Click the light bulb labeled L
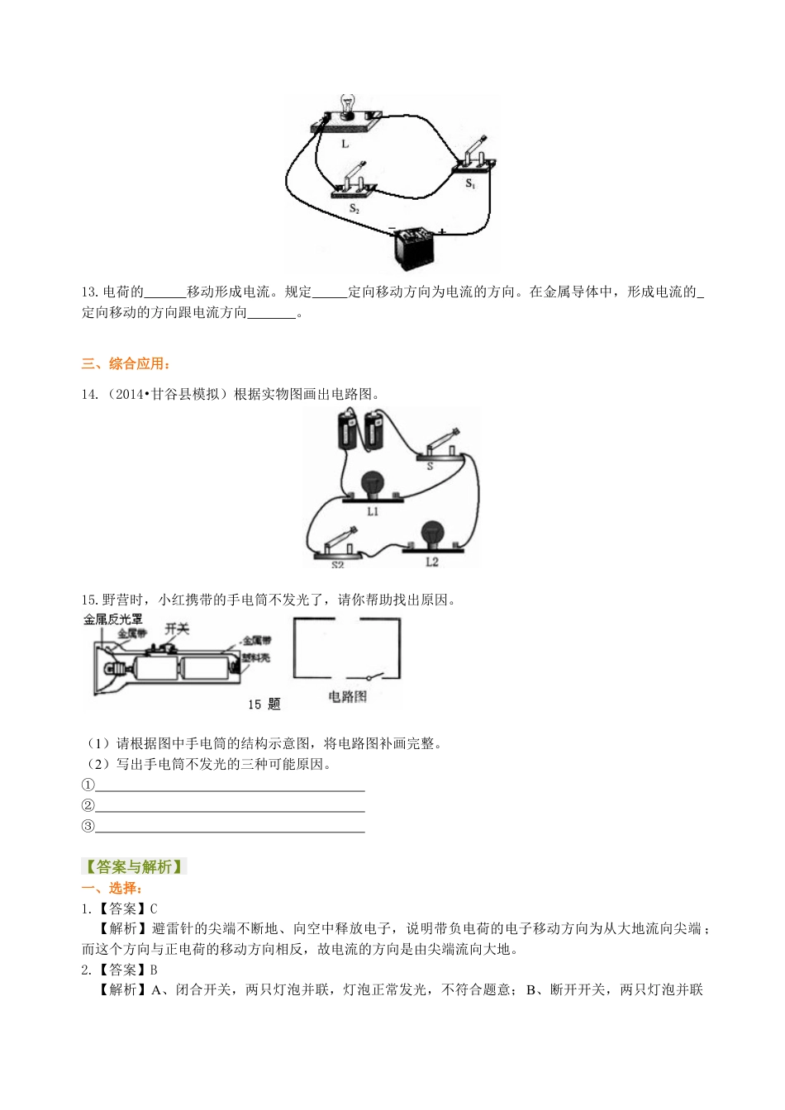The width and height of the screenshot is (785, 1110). click(347, 108)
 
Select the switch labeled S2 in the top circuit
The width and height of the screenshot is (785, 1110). click(354, 183)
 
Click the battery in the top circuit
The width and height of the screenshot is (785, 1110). click(413, 247)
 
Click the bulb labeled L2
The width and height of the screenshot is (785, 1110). click(431, 536)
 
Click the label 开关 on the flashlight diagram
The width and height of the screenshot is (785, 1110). click(177, 629)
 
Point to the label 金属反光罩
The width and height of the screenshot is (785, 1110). click(112, 619)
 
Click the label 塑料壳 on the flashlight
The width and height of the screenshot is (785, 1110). click(256, 657)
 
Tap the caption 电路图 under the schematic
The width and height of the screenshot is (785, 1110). click(347, 696)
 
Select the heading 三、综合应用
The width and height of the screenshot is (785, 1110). click(126, 363)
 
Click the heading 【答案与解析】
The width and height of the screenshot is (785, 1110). click(134, 866)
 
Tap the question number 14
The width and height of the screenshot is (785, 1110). click(89, 394)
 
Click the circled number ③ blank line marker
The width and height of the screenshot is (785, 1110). click(88, 826)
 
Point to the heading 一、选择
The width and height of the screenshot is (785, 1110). click(112, 888)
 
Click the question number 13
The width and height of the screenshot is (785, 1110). click(89, 292)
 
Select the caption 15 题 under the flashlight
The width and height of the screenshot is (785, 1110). click(264, 704)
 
